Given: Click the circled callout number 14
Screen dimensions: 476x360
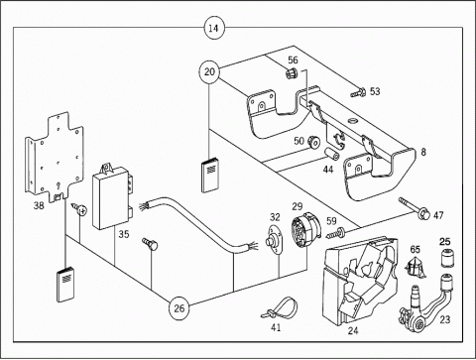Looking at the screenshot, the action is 213,28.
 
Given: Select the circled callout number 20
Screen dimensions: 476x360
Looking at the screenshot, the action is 209,71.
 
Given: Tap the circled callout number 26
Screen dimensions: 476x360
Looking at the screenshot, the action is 178,308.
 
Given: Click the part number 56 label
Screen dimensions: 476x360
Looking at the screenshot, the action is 293,60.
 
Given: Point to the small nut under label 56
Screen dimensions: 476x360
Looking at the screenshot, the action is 291,72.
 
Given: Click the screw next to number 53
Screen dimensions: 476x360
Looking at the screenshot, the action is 358,92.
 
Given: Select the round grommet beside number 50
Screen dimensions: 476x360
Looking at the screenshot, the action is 314,143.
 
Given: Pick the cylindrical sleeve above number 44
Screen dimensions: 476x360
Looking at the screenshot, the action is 330,154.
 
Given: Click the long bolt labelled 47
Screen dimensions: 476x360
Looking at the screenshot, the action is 415,208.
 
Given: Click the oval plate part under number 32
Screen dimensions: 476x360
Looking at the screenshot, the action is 275,240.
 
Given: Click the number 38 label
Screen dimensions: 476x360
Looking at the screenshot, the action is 39,205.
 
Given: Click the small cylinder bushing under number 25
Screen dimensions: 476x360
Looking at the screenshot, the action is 446,258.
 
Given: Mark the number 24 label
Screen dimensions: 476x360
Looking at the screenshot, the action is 353,330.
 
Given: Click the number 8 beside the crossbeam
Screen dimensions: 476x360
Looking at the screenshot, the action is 423,152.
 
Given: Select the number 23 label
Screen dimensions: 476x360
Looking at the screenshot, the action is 445,319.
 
